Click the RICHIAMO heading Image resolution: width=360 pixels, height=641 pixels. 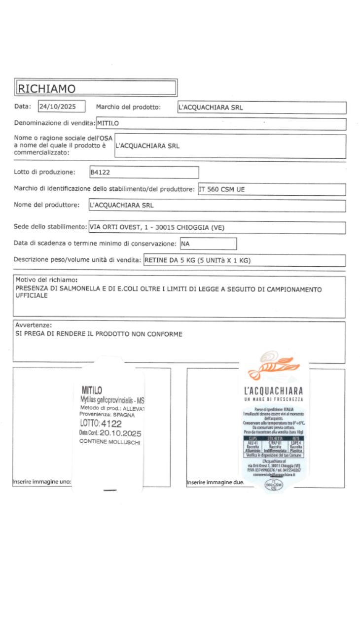click(46, 89)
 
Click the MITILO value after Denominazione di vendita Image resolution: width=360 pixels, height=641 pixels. click(108, 123)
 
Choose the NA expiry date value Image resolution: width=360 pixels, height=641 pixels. click(186, 244)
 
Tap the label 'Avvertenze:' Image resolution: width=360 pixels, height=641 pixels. click(34, 325)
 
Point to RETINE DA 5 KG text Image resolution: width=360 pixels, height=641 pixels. click(168, 261)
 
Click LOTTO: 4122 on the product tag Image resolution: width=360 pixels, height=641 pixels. click(101, 424)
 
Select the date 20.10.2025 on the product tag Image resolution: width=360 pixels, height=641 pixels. click(120, 433)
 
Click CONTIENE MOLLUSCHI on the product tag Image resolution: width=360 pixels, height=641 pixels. click(110, 442)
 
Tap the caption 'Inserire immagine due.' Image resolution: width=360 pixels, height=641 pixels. click(216, 482)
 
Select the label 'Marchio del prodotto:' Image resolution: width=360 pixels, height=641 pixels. click(128, 107)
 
